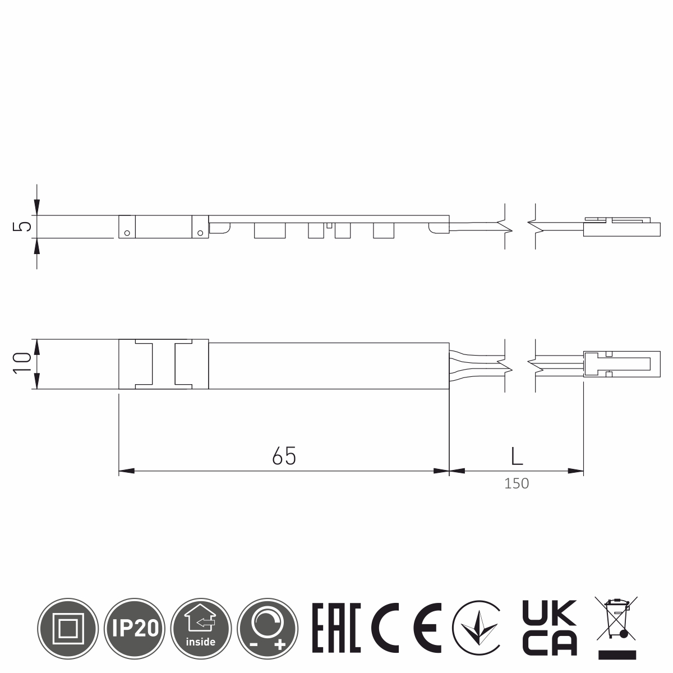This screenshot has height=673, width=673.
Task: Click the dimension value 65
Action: pyautogui.click(x=284, y=455)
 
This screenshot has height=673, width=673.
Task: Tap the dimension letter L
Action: pyautogui.click(x=517, y=456)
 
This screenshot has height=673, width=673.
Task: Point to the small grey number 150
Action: pyautogui.click(x=517, y=483)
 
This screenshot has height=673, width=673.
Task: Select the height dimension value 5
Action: pyautogui.click(x=22, y=227)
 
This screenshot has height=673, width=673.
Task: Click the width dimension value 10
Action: pyautogui.click(x=22, y=363)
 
